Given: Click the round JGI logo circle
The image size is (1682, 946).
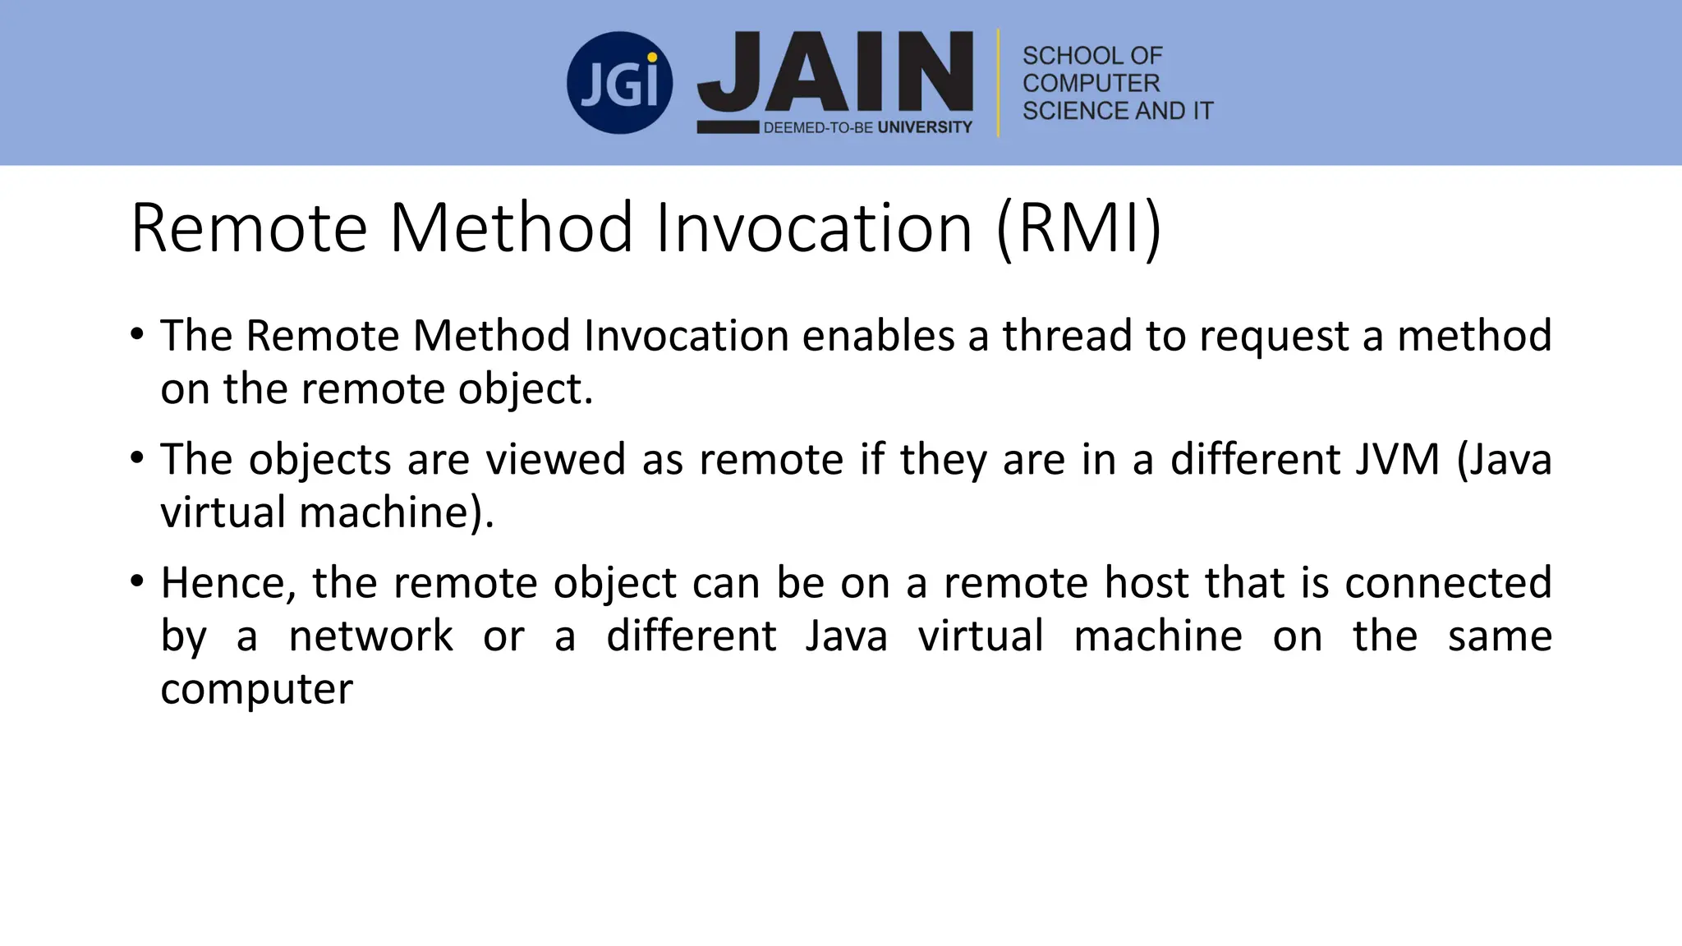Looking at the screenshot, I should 619,83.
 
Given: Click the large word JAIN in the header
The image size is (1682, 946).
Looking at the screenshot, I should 835,74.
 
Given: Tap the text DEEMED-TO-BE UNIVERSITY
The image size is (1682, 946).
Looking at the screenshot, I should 867,127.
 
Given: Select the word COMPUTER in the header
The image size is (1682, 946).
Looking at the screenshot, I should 1091,83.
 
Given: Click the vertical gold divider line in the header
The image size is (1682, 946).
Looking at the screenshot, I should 999,82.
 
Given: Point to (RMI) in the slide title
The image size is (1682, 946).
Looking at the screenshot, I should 1079,227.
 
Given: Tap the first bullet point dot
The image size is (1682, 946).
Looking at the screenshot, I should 137,334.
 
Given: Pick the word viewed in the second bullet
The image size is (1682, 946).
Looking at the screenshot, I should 556,459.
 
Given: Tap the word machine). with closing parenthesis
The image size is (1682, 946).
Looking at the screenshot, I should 397,512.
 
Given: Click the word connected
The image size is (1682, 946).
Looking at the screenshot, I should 1448,583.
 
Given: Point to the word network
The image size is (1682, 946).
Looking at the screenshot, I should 370,636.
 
